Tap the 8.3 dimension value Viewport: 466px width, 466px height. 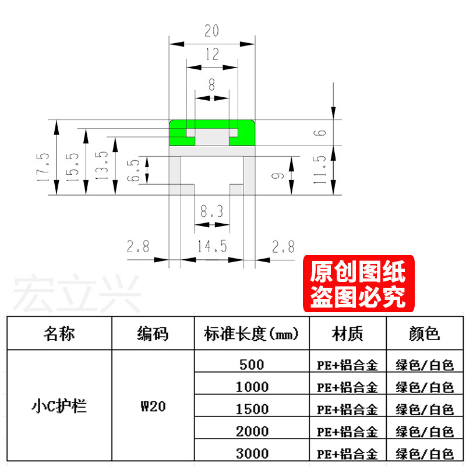211,211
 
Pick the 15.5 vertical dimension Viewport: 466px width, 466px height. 73,168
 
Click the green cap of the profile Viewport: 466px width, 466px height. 212,125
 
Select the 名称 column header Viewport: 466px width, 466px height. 59,334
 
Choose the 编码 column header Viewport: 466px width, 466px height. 153,334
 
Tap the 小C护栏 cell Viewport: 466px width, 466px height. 59,406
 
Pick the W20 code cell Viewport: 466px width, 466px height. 153,406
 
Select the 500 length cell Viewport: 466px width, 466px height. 252,365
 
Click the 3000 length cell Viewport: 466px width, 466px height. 252,453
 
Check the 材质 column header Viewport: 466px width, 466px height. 348,334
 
